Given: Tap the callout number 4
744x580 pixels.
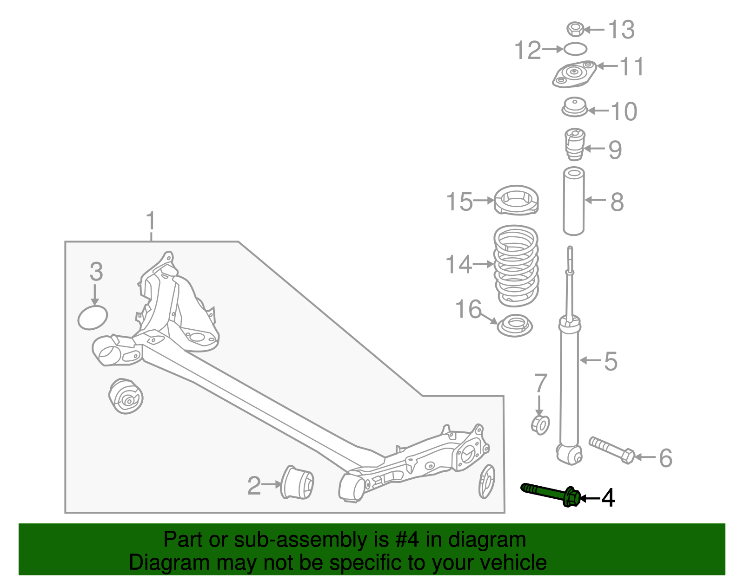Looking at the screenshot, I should (608, 498).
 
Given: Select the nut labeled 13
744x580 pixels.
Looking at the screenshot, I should (575, 29).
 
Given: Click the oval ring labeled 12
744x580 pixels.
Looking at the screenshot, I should (576, 48).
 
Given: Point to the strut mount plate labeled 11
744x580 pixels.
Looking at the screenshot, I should (575, 74).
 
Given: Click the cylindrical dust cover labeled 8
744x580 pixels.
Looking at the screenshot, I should (573, 201).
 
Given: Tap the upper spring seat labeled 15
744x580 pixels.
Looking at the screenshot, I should (516, 201).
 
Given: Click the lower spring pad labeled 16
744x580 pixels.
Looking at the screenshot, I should (515, 325).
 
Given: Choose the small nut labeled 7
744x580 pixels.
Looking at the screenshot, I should (540, 424).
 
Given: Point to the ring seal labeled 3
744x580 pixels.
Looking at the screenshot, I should (93, 317).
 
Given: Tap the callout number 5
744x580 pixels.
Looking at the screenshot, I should (611, 361).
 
